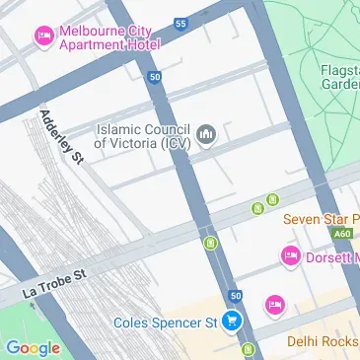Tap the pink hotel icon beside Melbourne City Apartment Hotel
(x=44, y=37)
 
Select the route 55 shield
(x=180, y=23)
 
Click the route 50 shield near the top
(x=155, y=76)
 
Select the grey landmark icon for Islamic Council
(x=207, y=134)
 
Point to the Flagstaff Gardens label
(x=338, y=77)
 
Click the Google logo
(x=33, y=347)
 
